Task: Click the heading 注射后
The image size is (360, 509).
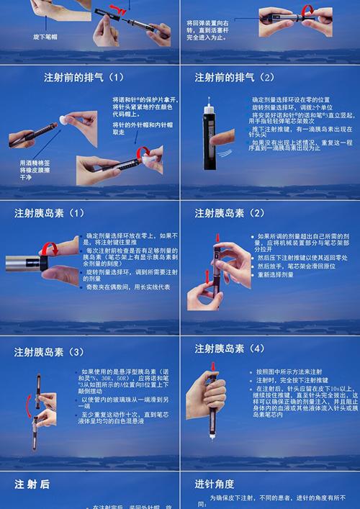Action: click(32, 485)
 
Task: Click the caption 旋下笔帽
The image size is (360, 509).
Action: click(45, 35)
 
